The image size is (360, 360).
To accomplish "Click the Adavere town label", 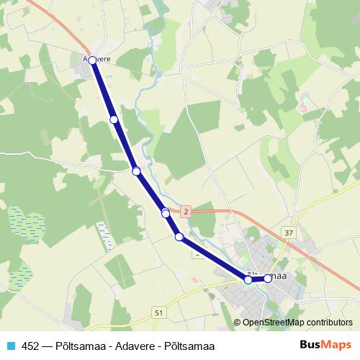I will point(98,59).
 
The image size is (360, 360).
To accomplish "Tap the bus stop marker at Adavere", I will point(92,61).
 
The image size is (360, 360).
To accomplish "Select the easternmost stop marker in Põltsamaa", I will point(268,278).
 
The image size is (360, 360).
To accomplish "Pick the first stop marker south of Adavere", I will point(114,119).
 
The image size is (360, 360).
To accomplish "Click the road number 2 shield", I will point(186,211).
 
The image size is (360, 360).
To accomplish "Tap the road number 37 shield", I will point(289,233).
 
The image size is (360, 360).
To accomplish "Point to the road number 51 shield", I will point(158,312).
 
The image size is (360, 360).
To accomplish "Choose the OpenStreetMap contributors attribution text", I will point(297,323).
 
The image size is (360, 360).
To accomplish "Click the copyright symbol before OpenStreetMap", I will point(238,323).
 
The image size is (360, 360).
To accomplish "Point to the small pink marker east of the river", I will point(303,110).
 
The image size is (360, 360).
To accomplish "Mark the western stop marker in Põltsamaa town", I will point(248,279).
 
